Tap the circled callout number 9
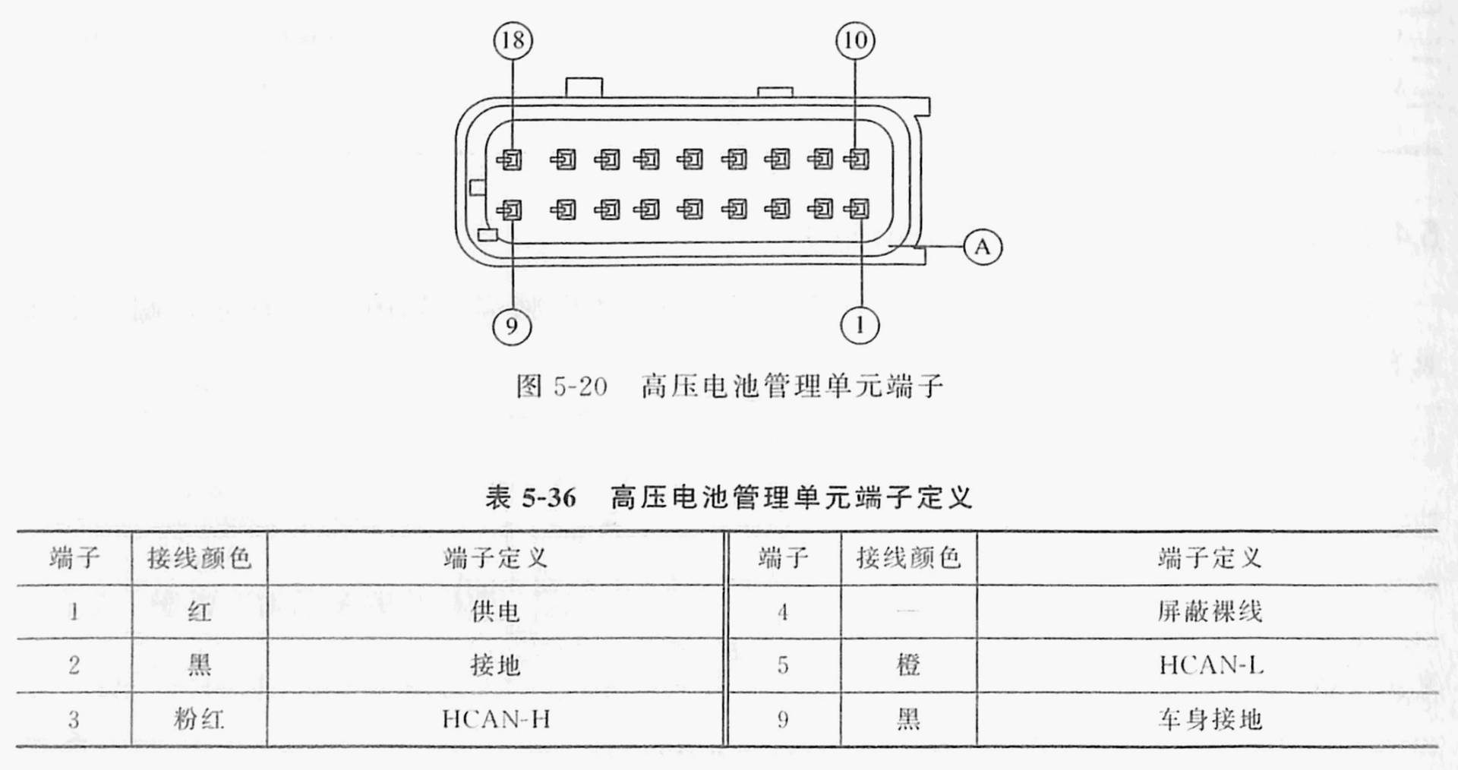click(512, 327)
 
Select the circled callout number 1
click(860, 325)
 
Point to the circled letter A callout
click(983, 247)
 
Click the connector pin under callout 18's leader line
click(511, 159)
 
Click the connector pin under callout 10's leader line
click(858, 159)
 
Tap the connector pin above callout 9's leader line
click(511, 209)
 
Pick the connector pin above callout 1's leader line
click(859, 209)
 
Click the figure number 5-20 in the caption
click(580, 387)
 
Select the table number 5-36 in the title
click(549, 498)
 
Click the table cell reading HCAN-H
click(496, 719)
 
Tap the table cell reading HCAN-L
click(1210, 666)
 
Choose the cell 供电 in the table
click(495, 611)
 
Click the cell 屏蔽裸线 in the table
click(1210, 611)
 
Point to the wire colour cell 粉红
click(199, 719)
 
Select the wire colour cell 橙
click(908, 666)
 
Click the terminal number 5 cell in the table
click(783, 666)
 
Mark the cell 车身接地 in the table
click(1210, 719)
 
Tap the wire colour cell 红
click(199, 611)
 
